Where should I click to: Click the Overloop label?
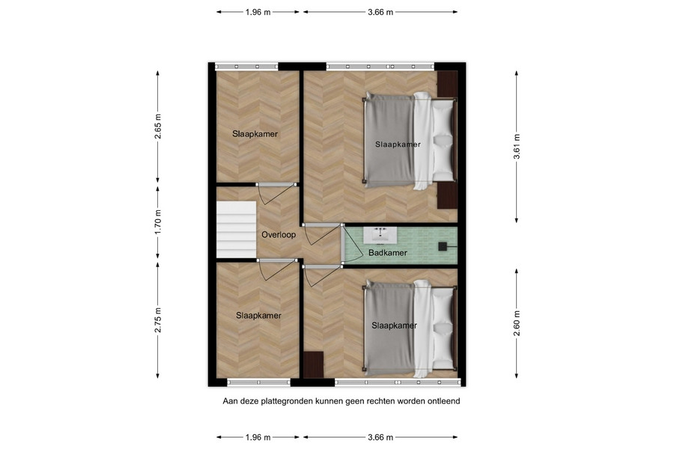click(x=279, y=234)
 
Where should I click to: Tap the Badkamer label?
click(x=387, y=253)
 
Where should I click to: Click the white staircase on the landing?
click(x=236, y=230)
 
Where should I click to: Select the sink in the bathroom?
click(x=380, y=235)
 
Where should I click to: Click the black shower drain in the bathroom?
click(x=443, y=246)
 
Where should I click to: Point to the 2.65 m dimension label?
click(x=158, y=126)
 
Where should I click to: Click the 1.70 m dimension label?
click(x=158, y=222)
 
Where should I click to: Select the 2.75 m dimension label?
click(x=158, y=320)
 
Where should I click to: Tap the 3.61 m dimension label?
click(x=517, y=147)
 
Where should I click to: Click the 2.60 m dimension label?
click(x=517, y=323)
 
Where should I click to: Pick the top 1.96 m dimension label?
click(x=258, y=12)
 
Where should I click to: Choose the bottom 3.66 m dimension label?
click(x=380, y=437)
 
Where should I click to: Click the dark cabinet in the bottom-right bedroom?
click(x=313, y=364)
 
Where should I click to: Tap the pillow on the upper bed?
click(x=443, y=141)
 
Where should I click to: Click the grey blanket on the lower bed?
click(x=389, y=328)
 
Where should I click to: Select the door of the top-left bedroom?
click(x=277, y=193)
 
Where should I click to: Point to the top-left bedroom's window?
click(x=246, y=67)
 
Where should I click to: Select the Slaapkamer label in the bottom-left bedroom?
click(x=258, y=315)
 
